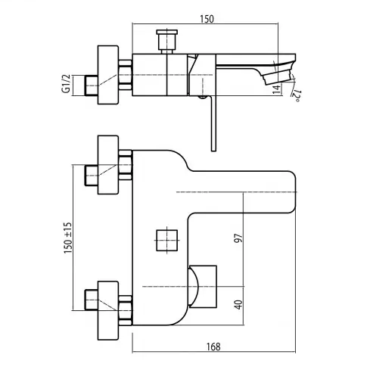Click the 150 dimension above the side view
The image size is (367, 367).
pyautogui.click(x=207, y=19)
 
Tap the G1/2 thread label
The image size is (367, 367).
pyautogui.click(x=67, y=84)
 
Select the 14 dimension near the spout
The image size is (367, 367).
pyautogui.click(x=277, y=89)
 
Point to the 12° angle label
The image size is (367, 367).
pyautogui.click(x=297, y=95)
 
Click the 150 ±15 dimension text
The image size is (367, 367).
pyautogui.click(x=68, y=238)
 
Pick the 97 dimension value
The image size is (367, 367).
pyautogui.click(x=238, y=238)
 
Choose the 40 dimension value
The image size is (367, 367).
pyautogui.click(x=238, y=305)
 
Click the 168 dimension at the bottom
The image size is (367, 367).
pyautogui.click(x=213, y=347)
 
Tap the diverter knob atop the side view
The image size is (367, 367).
pyautogui.click(x=167, y=42)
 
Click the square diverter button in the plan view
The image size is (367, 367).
pyautogui.click(x=167, y=241)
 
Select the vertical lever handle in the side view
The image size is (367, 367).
pyautogui.click(x=213, y=123)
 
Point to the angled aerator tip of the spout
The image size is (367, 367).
pyautogui.click(x=278, y=76)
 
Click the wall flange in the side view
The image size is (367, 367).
pyautogui.click(x=108, y=75)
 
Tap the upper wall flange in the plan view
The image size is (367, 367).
pyautogui.click(x=108, y=165)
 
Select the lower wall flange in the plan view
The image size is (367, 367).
pyautogui.click(x=108, y=311)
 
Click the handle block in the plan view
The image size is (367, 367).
pyautogui.click(x=203, y=287)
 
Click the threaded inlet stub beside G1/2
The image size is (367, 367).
pyautogui.click(x=92, y=86)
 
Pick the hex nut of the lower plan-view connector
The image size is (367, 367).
pyautogui.click(x=126, y=310)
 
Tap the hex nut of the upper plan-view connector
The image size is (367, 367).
pyautogui.click(x=126, y=165)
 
